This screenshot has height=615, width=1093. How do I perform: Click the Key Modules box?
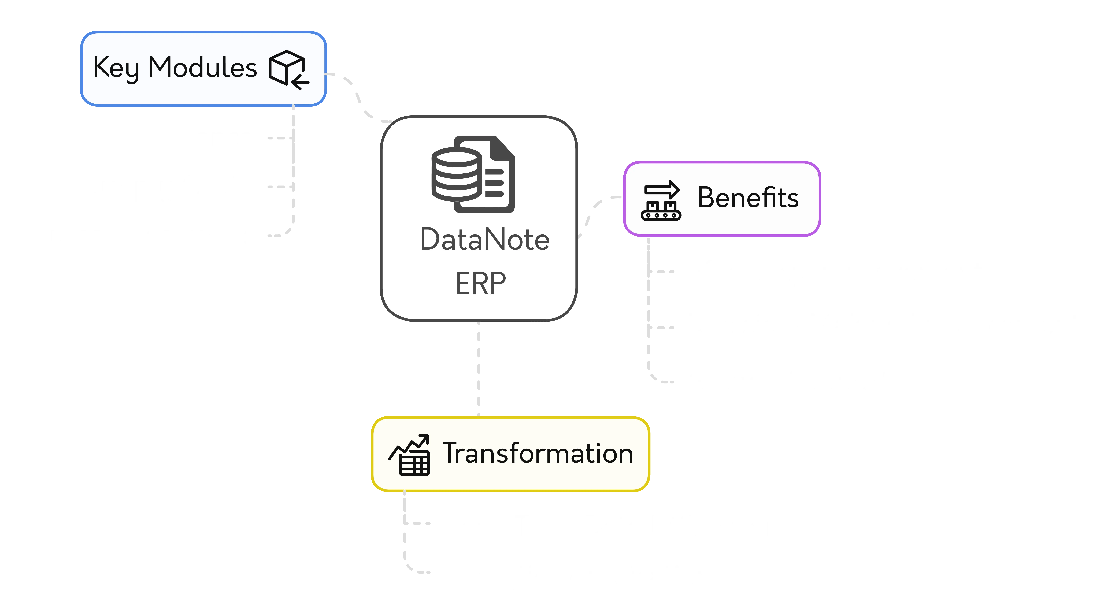click(x=203, y=69)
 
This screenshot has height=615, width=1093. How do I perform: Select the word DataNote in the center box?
click(x=485, y=239)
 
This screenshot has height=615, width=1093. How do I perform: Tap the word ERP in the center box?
click(x=480, y=284)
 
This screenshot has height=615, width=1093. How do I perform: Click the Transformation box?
click(x=510, y=454)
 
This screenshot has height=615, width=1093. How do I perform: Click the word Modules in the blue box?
click(x=202, y=68)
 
